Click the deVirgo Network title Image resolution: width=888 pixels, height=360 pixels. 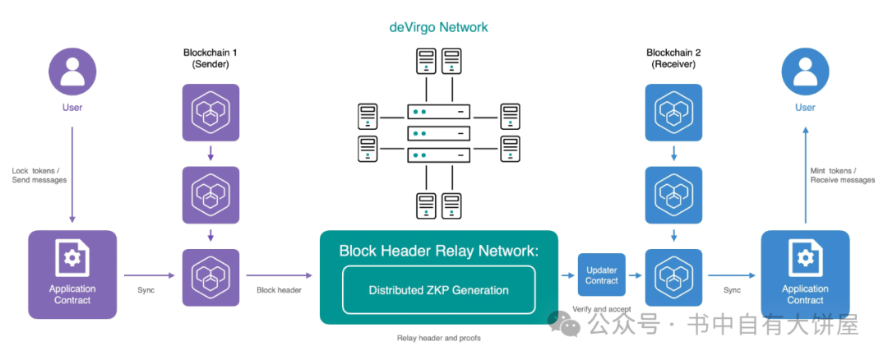pyautogui.click(x=439, y=27)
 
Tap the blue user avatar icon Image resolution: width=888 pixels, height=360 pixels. pyautogui.click(x=805, y=72)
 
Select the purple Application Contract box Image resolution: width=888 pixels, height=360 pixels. pyautogui.click(x=72, y=275)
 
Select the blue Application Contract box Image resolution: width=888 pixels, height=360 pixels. pyautogui.click(x=805, y=275)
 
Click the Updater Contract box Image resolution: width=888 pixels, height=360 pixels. pyautogui.click(x=601, y=275)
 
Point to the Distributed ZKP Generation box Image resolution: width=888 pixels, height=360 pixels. pyautogui.click(x=439, y=290)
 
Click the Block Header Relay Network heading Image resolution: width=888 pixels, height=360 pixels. pyautogui.click(x=439, y=251)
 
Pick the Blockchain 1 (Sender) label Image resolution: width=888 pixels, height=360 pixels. pyautogui.click(x=210, y=58)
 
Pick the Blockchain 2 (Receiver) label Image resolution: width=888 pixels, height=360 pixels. pyautogui.click(x=673, y=58)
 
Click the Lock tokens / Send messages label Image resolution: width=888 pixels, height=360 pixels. pyautogui.click(x=39, y=175)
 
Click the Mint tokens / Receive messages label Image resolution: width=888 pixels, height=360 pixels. pyautogui.click(x=842, y=175)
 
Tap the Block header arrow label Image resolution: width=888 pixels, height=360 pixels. pyautogui.click(x=280, y=290)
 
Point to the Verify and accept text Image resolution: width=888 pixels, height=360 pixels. pyautogui.click(x=601, y=309)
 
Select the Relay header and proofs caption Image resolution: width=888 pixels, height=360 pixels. pyautogui.click(x=439, y=339)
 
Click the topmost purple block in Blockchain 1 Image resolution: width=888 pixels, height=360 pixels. pyautogui.click(x=210, y=113)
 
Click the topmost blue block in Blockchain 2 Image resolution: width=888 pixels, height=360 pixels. pyautogui.click(x=673, y=113)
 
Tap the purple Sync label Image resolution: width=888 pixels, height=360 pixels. pyautogui.click(x=146, y=290)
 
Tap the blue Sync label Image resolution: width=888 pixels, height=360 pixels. pyautogui.click(x=733, y=290)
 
